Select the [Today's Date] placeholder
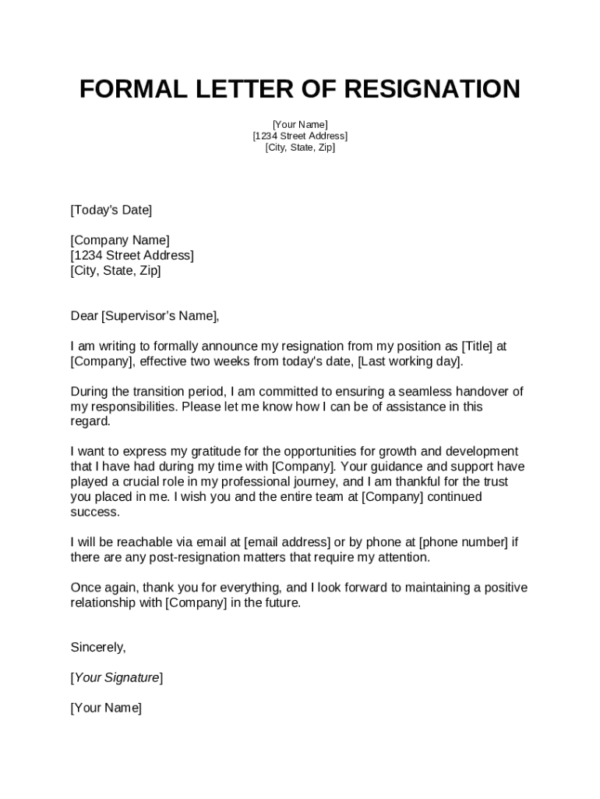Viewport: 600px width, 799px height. click(111, 210)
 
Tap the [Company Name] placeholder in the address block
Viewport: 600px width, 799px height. click(120, 240)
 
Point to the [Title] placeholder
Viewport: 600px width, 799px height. click(478, 346)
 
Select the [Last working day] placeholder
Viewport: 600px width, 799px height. click(410, 361)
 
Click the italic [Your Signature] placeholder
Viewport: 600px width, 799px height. click(117, 677)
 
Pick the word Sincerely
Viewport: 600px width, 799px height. click(97, 648)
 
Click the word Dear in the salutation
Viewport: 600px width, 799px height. click(84, 316)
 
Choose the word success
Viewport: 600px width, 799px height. click(94, 512)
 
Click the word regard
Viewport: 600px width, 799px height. click(90, 421)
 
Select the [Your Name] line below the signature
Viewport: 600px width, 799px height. click(106, 708)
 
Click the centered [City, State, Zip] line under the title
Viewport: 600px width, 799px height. click(300, 147)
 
